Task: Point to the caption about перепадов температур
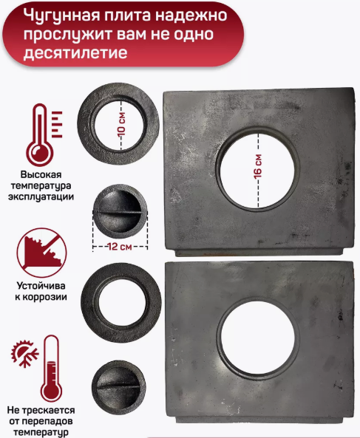pos(42,421)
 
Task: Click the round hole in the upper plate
pos(256,164)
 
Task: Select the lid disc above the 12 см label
pos(120,213)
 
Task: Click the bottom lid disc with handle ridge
pos(119,385)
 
